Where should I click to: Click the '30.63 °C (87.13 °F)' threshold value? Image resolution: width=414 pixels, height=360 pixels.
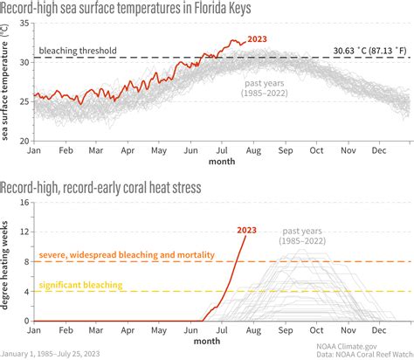[364, 52]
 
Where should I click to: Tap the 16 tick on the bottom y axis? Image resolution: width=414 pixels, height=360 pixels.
[24, 202]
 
